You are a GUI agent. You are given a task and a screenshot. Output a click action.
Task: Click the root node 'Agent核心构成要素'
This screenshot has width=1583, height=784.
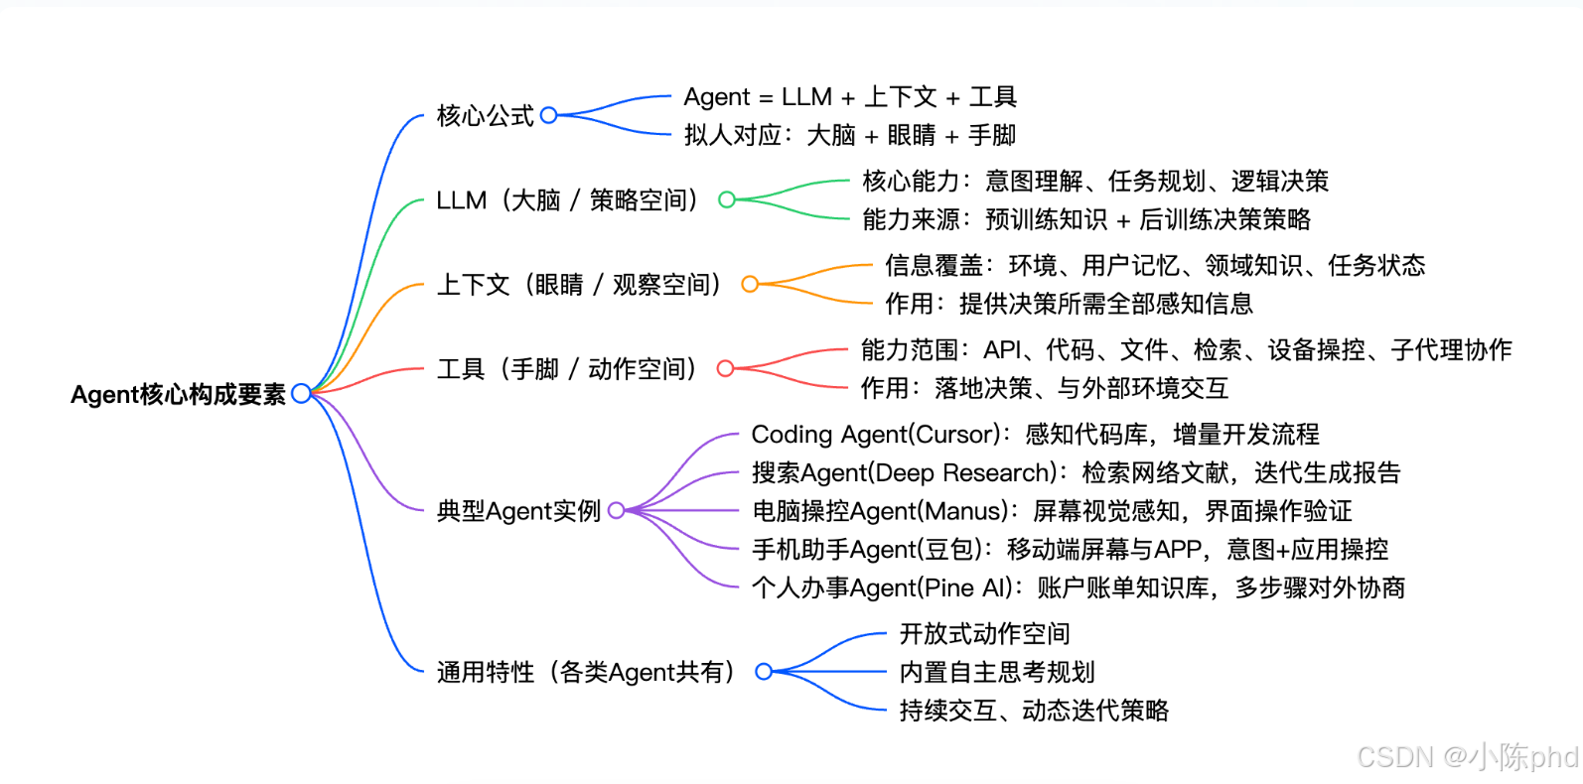coord(178,394)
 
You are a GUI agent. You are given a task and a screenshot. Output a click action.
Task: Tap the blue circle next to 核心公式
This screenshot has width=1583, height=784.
coord(549,115)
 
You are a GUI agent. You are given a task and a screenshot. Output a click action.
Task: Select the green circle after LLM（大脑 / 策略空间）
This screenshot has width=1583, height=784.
coord(727,199)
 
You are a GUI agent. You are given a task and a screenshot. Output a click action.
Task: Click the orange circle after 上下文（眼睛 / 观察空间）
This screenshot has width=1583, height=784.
coord(750,284)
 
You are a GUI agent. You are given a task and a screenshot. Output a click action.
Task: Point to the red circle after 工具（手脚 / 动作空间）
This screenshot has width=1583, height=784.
coord(726,368)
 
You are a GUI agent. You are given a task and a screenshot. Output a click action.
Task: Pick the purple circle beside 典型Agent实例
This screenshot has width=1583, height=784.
coord(617,510)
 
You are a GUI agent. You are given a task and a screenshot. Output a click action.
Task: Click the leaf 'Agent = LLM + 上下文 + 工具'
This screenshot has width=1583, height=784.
coord(850,97)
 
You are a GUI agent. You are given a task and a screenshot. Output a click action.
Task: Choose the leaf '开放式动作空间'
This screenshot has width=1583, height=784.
coord(984,633)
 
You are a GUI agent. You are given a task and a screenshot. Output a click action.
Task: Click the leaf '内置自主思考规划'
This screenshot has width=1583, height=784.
coord(997,672)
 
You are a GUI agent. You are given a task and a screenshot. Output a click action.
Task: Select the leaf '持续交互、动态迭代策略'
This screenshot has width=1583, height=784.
coord(1034,710)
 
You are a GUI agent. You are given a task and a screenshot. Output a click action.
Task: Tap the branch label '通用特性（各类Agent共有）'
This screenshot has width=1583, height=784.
coord(588,672)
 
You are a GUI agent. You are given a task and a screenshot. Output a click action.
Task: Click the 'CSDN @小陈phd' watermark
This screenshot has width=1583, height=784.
coord(1467,756)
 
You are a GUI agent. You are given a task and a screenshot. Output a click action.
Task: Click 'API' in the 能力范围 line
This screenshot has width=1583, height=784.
coord(1003,349)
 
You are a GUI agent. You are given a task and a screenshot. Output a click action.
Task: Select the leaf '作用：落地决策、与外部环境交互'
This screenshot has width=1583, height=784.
coord(1045,388)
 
